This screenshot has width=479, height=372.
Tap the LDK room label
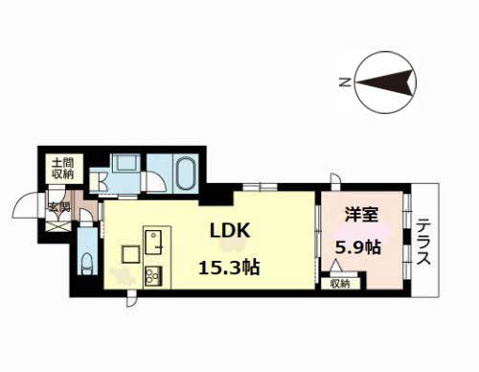233,232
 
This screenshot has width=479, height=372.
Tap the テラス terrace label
425,245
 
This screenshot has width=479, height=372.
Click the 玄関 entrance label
58,205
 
